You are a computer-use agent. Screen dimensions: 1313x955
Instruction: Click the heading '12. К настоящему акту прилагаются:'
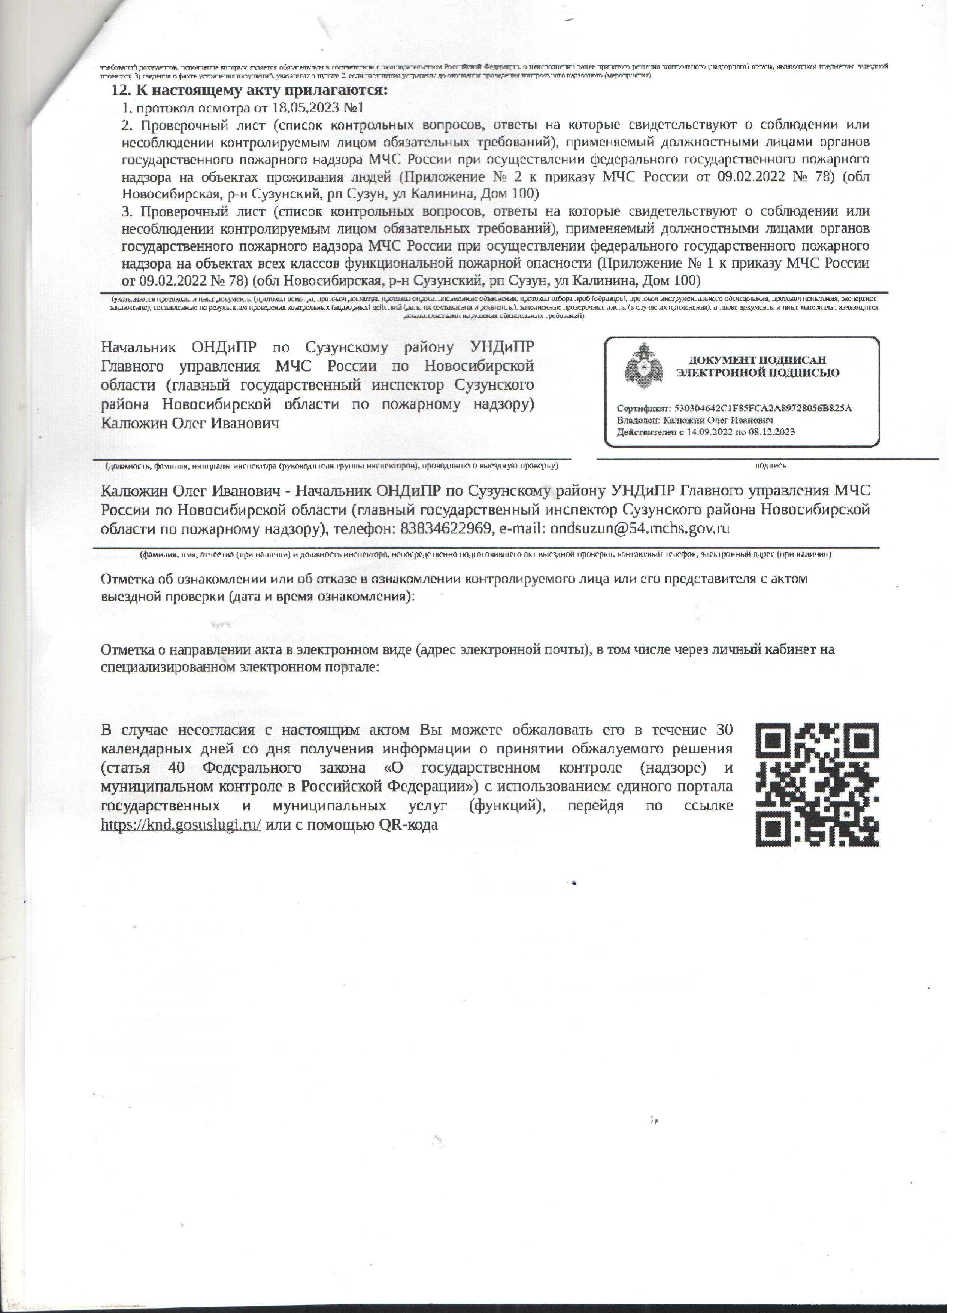pyautogui.click(x=249, y=91)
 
